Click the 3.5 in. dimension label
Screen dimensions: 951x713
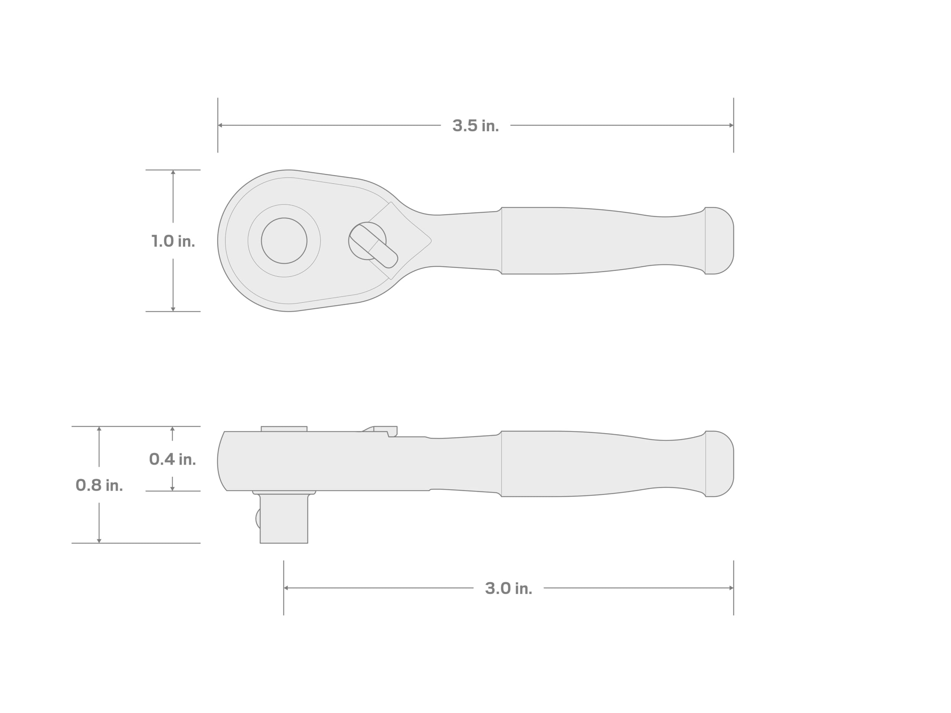[475, 126]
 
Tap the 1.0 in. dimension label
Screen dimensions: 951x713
[173, 241]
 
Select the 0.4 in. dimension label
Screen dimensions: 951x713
[172, 459]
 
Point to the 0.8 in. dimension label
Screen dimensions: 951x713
[99, 485]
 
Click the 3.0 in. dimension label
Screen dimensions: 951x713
[509, 588]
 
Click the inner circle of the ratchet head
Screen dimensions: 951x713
[284, 241]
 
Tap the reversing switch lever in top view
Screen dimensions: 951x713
[374, 246]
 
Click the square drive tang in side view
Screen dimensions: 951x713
[284, 519]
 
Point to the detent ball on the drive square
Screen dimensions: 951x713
[258, 519]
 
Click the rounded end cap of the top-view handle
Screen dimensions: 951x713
[719, 241]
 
